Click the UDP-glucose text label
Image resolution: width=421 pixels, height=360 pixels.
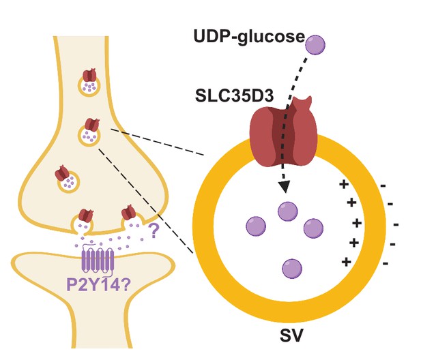pos(249,37)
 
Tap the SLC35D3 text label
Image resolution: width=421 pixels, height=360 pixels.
pos(235,95)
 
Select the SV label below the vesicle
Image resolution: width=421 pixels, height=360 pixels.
pos(291,335)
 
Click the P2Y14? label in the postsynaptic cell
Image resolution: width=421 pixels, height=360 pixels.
pos(98,285)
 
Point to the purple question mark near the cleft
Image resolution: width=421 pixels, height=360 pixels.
pos(154,231)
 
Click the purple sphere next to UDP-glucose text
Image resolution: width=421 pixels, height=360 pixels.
pos(315,44)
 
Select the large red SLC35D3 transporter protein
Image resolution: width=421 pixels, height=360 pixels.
pos(284,132)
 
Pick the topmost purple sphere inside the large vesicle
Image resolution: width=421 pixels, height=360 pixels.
pos(287,211)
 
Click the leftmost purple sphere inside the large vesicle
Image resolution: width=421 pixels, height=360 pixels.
pos(256,226)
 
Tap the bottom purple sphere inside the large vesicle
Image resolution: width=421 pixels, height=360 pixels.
pos(292,269)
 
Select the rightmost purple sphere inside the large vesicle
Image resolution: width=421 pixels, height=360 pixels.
pos(313,228)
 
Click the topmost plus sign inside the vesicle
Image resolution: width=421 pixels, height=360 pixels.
pos(344,184)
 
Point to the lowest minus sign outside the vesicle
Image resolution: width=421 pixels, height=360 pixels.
pos(386,264)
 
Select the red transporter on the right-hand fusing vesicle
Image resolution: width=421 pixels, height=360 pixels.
pos(129,212)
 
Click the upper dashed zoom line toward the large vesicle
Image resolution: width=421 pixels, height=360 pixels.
pos(158,142)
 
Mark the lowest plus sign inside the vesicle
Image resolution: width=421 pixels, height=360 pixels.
pos(347,262)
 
